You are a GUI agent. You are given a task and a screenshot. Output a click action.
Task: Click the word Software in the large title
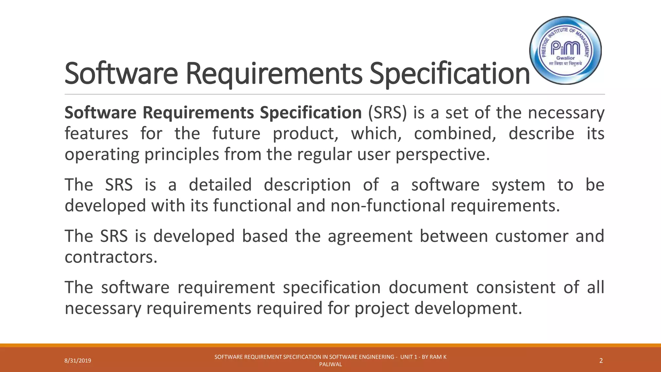pos(121,74)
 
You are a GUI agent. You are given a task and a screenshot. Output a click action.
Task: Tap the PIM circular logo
pos(565,50)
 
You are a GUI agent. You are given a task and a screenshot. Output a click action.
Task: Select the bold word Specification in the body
pos(311,113)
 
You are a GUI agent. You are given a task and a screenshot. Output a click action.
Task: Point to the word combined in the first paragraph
pos(455,134)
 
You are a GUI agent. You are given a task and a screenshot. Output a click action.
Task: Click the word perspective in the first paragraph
pos(442,154)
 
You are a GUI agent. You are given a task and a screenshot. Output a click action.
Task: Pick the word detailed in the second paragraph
pos(220,185)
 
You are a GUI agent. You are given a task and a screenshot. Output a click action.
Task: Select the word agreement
pos(370,236)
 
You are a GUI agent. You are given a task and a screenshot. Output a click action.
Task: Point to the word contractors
pos(111,257)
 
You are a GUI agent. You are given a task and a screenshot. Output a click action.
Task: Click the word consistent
pos(516,287)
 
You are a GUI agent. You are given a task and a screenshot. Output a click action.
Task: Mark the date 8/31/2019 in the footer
pos(78,361)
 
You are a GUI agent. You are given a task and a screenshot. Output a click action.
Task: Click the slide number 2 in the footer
pos(601,361)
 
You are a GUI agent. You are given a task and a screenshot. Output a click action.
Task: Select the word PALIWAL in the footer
pos(330,365)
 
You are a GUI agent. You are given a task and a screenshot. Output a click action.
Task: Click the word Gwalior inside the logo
pos(565,58)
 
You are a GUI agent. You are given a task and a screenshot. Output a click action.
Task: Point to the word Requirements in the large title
pos(274,74)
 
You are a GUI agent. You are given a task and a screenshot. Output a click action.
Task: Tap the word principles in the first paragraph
pos(182,154)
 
